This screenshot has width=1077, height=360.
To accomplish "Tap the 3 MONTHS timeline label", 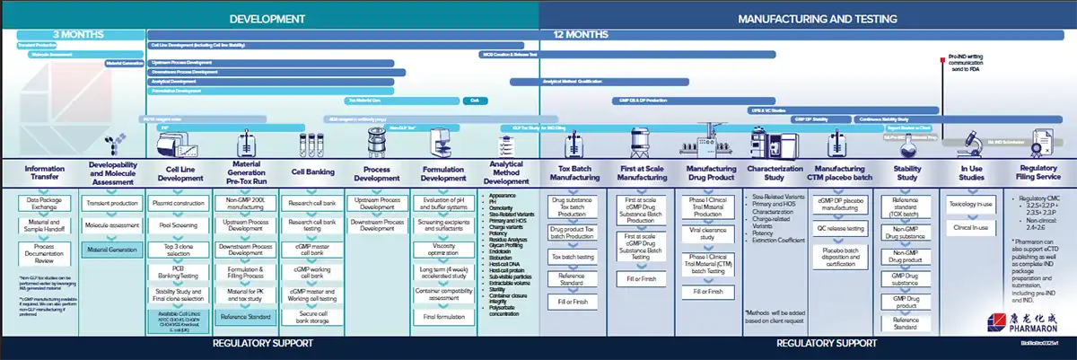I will [74, 36].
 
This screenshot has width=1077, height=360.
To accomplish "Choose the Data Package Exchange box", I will [45, 203].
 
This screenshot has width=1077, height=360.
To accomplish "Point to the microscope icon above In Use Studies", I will [972, 138].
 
